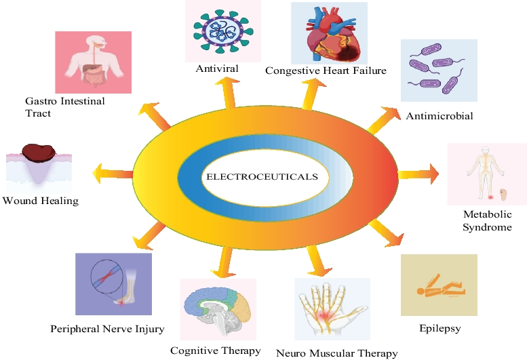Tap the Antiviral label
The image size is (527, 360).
point(218,68)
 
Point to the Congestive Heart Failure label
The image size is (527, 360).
point(326,71)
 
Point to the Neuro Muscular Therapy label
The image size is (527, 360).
point(336,353)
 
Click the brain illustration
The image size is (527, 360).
point(218,309)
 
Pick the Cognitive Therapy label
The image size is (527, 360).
point(216,351)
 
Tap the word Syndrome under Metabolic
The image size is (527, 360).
point(487,227)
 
